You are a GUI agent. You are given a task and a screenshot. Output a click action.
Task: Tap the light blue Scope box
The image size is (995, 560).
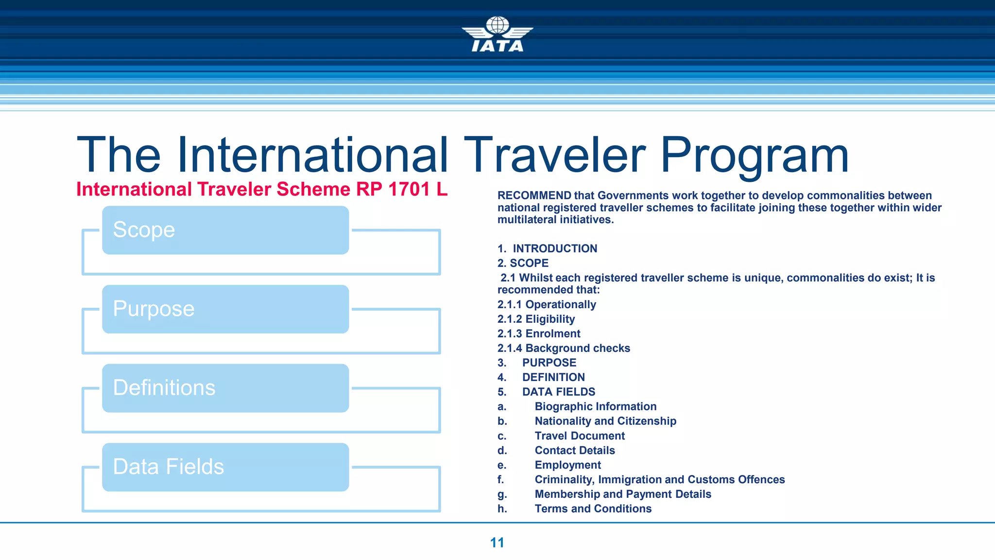(x=225, y=230)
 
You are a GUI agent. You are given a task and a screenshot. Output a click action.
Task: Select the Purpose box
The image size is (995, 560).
(x=225, y=309)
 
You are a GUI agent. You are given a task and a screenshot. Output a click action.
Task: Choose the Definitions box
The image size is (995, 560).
(x=225, y=388)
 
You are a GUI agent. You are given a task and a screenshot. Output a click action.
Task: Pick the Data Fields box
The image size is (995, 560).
(x=225, y=467)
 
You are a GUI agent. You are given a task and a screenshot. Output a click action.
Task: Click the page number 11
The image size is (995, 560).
(x=497, y=542)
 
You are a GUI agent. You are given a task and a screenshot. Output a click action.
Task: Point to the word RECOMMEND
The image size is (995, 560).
(x=534, y=195)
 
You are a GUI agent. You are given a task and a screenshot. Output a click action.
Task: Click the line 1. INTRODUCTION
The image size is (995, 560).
(x=548, y=248)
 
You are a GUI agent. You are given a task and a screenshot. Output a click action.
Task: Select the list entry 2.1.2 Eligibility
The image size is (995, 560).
(x=536, y=319)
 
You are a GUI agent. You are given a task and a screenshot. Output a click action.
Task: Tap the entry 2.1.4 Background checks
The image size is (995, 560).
(x=564, y=349)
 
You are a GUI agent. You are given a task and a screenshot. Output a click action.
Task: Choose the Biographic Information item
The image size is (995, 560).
(x=595, y=407)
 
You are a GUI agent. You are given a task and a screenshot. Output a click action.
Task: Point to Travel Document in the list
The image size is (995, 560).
(x=580, y=436)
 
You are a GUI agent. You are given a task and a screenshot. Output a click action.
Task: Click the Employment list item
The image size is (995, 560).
(x=567, y=465)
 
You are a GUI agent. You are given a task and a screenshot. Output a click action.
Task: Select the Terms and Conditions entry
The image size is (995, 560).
(x=593, y=509)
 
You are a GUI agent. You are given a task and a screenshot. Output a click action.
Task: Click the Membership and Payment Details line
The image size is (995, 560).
(x=622, y=494)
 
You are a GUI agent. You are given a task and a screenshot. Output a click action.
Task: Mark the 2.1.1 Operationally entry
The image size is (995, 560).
(x=547, y=305)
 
